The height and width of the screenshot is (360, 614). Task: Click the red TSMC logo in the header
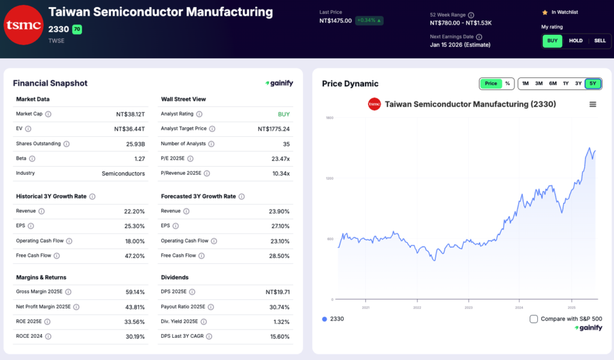pos(23,25)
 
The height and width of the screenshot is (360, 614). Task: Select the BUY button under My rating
pos(552,41)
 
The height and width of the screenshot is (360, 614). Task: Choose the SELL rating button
pos(600,41)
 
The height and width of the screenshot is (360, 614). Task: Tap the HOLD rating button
pos(576,41)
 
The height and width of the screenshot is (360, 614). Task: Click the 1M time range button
pos(525,83)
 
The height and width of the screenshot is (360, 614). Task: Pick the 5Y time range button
pos(592,83)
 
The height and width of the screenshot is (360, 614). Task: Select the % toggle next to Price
pos(507,83)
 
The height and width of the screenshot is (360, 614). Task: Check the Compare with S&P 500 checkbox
pos(534,319)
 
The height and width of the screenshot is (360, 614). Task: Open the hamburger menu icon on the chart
pos(593,104)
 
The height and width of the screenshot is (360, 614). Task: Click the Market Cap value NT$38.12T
pos(130,114)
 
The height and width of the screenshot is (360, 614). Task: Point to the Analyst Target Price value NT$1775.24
pos(273,129)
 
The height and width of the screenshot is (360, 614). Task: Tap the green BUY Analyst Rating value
pos(284,114)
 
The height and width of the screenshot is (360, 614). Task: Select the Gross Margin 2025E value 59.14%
pos(134,292)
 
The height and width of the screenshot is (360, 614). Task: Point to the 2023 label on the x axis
pos(469,307)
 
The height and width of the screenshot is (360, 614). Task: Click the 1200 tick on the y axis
pos(329,178)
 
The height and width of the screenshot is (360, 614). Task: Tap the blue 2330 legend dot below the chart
pos(324,319)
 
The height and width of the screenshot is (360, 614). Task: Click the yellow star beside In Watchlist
pos(544,12)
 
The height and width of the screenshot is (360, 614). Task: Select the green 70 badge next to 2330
pos(77,29)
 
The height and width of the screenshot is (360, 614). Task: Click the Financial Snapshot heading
pos(50,83)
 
